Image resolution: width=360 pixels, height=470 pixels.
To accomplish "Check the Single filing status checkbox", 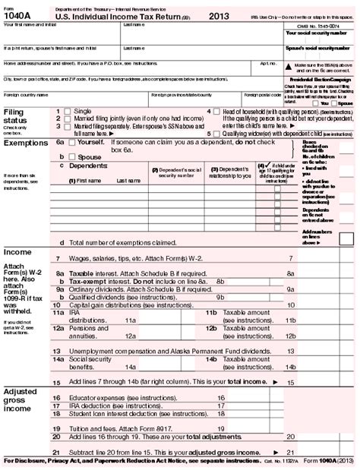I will [68, 111].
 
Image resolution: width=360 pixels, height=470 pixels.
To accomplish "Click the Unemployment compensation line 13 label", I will [152, 353].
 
